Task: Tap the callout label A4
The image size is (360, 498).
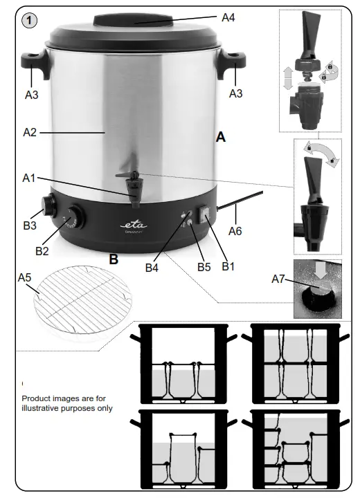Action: point(228,17)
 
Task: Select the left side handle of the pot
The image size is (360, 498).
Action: point(35,66)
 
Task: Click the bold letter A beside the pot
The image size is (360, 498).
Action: point(220,138)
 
